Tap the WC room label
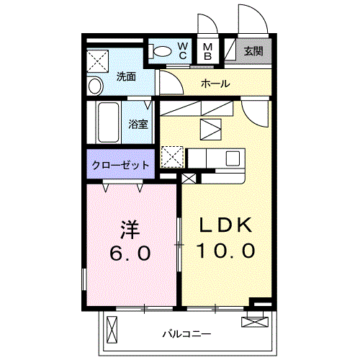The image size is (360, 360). pyautogui.click(x=183, y=50)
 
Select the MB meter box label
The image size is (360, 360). pyautogui.click(x=207, y=51)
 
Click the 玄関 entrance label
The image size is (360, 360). pyautogui.click(x=253, y=51)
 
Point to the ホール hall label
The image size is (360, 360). pyautogui.click(x=215, y=84)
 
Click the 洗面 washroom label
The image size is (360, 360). pyautogui.click(x=126, y=77)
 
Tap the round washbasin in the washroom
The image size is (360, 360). pyautogui.click(x=95, y=86)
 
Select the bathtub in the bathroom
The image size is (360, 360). pyautogui.click(x=109, y=122)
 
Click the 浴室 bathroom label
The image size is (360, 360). pyautogui.click(x=138, y=124)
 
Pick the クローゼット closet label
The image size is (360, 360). pyautogui.click(x=120, y=166)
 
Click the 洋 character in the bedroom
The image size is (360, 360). pyautogui.click(x=130, y=230)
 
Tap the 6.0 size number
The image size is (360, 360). pyautogui.click(x=130, y=253)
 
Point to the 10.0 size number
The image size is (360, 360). pyautogui.click(x=226, y=251)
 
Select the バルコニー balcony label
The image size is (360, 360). pyautogui.click(x=187, y=334)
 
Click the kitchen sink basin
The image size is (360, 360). pyautogui.click(x=233, y=158)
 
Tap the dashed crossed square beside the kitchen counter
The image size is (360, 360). pyautogui.click(x=172, y=157)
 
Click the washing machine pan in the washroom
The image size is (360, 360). pyautogui.click(x=97, y=60)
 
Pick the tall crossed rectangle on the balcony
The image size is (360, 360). pyautogui.click(x=112, y=329)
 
